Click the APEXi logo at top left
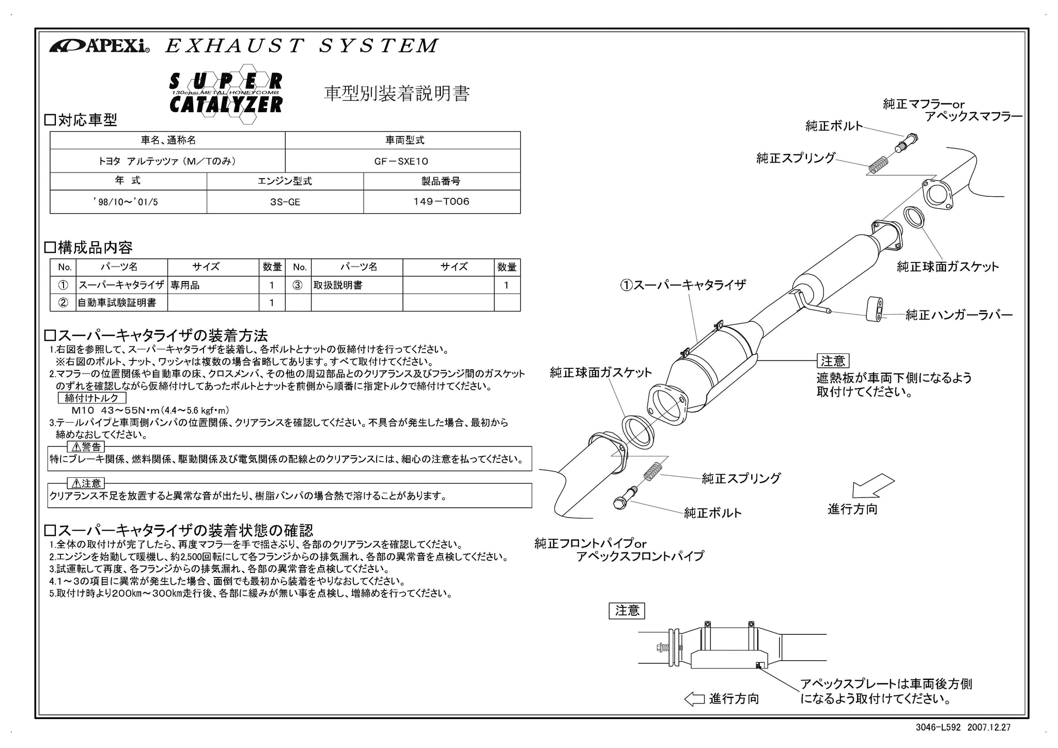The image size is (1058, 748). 99,46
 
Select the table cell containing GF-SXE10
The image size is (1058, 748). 402,161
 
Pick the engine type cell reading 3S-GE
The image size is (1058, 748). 285,202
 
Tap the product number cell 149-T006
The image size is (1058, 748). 442,202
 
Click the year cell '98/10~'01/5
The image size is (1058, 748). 128,202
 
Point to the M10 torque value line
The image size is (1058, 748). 150,411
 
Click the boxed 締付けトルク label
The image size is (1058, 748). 91,398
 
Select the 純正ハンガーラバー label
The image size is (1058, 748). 959,315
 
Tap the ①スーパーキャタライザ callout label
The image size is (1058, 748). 683,285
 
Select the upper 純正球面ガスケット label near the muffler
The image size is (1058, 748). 948,267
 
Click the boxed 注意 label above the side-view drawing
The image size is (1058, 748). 627,611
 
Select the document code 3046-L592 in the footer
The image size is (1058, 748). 938,727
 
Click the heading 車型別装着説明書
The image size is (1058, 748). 397,93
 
